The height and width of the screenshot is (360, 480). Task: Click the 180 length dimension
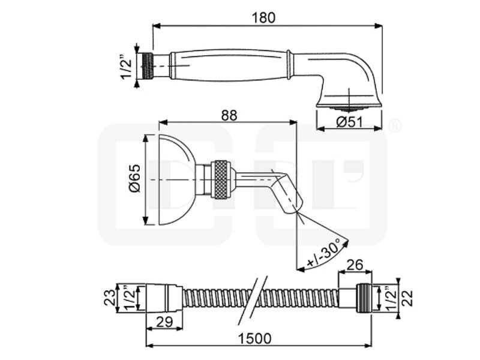263,18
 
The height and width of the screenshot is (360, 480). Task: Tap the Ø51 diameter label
349,122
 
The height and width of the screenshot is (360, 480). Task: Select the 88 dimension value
229,115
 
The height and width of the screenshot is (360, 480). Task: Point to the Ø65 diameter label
135,178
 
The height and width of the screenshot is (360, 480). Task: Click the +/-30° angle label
324,253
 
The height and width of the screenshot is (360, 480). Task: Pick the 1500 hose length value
254,338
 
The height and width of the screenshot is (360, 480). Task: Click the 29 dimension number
164,322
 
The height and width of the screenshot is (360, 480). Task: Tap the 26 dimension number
355,265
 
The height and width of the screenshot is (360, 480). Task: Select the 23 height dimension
110,297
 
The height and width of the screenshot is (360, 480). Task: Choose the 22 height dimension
407,298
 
